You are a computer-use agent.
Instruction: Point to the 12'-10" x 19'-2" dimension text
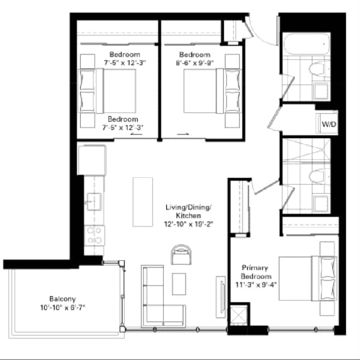point(190,224)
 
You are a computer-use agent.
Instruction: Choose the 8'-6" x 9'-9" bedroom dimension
point(194,62)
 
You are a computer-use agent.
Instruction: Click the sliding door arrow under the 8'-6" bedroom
point(183,134)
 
